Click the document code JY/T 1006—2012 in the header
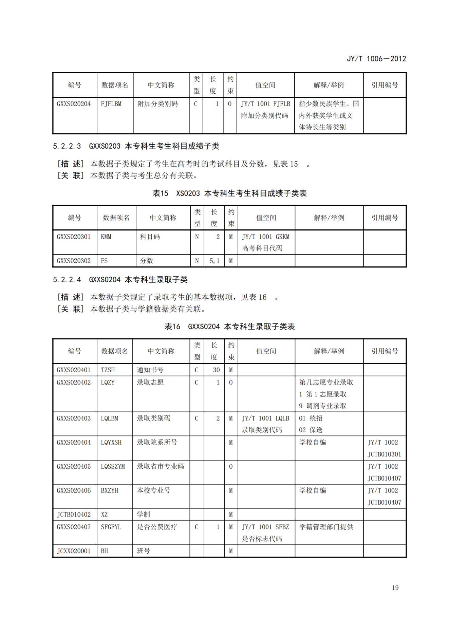click(376, 59)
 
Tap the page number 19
click(395, 588)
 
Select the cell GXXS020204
click(74, 104)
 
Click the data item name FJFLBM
click(111, 104)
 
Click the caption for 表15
click(229, 193)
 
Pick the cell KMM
click(106, 237)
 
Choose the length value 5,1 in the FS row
click(214, 261)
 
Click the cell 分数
click(147, 261)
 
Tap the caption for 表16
click(229, 326)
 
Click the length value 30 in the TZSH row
click(216, 370)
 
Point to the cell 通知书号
click(150, 370)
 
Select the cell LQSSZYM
click(113, 466)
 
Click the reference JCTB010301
click(384, 454)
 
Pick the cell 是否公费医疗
click(157, 527)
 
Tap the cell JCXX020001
click(74, 551)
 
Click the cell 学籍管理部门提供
click(326, 527)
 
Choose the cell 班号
click(143, 551)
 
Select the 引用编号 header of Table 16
click(385, 351)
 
